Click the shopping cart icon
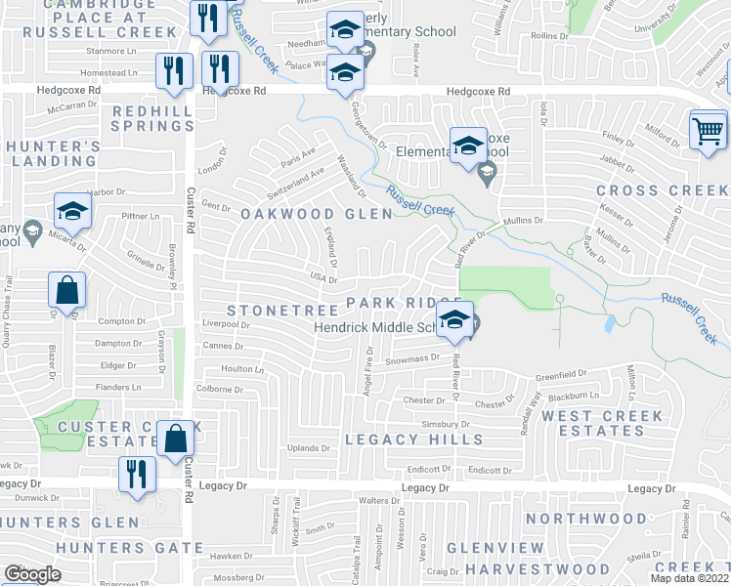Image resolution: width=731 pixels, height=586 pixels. coord(708,131)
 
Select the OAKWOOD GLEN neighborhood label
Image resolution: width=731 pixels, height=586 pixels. coord(302,214)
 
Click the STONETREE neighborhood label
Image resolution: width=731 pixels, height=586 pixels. coord(274,310)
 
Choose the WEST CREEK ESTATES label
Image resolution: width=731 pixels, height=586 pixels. coord(602,423)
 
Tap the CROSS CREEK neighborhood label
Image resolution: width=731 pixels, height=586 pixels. coord(661,190)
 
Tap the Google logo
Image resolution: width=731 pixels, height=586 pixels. coord(32,573)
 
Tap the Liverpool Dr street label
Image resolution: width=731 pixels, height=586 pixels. coord(227,322)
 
